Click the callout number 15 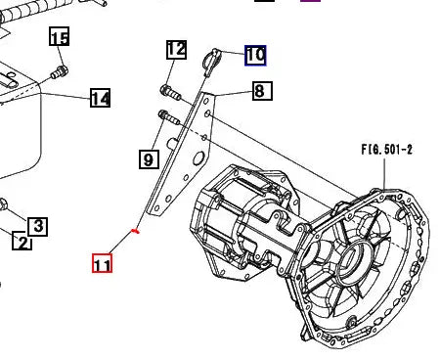coord(60,38)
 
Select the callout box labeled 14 coord(100,98)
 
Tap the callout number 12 coord(176,49)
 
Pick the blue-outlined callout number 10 coord(254,55)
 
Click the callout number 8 coord(260,92)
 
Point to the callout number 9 coord(149,157)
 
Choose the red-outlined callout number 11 coord(102,263)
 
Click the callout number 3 coord(37,227)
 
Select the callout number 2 coord(21,241)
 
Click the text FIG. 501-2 coord(386,151)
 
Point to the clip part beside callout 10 coord(206,62)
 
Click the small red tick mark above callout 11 coord(135,232)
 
